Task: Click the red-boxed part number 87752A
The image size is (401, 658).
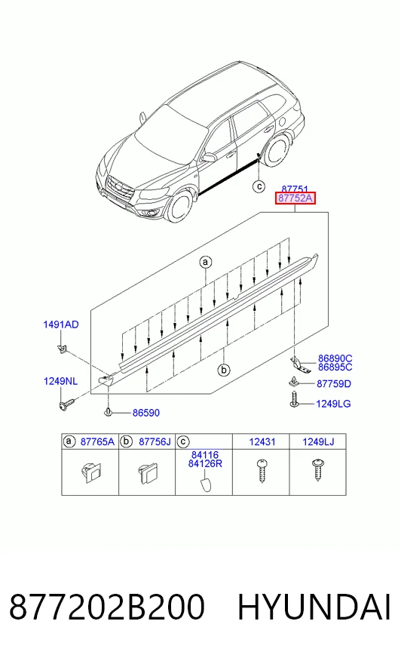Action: pyautogui.click(x=295, y=198)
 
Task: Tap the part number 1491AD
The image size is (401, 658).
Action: pyautogui.click(x=61, y=324)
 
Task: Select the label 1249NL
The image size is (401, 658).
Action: pyautogui.click(x=61, y=381)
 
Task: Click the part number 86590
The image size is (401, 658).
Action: pyautogui.click(x=146, y=413)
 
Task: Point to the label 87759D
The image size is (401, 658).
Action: pyautogui.click(x=333, y=383)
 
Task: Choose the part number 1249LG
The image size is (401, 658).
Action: pyautogui.click(x=333, y=404)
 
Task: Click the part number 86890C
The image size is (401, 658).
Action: pyautogui.click(x=335, y=358)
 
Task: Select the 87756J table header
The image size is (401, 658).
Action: pyautogui.click(x=155, y=442)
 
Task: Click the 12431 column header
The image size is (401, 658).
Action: pyautogui.click(x=262, y=442)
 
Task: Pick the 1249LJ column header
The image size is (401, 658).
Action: pyautogui.click(x=318, y=442)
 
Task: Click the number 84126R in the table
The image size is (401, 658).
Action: pyautogui.click(x=205, y=464)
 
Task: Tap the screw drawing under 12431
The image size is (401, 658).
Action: pyautogui.click(x=262, y=472)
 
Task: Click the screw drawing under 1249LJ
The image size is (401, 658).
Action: pyautogui.click(x=317, y=470)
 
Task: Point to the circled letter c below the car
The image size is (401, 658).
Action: pyautogui.click(x=259, y=186)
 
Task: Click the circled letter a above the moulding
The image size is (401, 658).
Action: pyautogui.click(x=205, y=263)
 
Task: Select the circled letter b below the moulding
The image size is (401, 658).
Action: pyautogui.click(x=224, y=370)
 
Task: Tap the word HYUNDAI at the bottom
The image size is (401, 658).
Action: pyautogui.click(x=314, y=607)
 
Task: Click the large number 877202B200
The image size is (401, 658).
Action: pyautogui.click(x=107, y=607)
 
